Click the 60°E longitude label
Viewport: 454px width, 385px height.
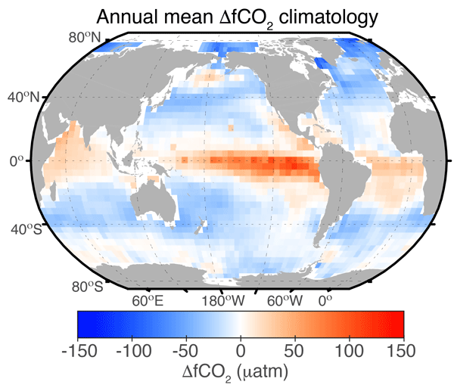[147, 301]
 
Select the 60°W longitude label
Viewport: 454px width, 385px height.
[286, 301]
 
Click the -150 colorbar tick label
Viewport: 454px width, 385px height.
[77, 351]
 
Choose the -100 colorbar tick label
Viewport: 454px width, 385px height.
[132, 351]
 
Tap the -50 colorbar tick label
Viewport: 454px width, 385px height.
[186, 351]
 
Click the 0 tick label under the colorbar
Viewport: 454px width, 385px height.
[241, 351]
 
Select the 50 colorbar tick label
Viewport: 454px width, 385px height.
[295, 351]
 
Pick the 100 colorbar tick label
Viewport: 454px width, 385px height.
[350, 351]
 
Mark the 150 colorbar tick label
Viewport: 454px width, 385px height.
[402, 351]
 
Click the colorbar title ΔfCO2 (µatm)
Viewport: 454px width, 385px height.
[240, 372]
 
